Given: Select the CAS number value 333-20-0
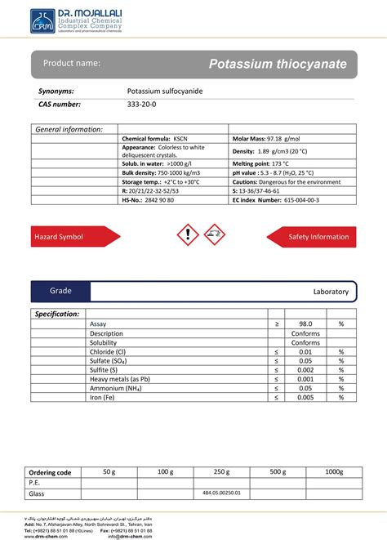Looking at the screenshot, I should coord(144,105).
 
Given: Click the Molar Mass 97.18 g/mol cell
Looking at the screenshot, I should coord(267,140).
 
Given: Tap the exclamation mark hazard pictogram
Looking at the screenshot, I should coord(187,236).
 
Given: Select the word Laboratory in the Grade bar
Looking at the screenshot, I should coord(331,292).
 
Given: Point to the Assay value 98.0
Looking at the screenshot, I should coord(305,324).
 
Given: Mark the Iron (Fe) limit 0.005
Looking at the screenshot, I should coord(305,397).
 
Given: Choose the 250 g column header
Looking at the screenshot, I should coord(221,471).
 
